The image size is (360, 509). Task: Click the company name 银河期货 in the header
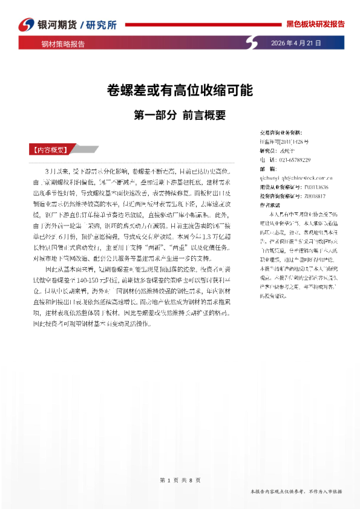pos(57,25)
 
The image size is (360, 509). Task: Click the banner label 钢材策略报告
pos(62,44)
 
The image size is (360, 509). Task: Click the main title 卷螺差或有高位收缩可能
pos(180,90)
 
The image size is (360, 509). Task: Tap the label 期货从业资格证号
pos(277,187)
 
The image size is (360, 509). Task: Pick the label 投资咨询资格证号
pos(277,196)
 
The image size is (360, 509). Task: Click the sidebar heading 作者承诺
pos(269,206)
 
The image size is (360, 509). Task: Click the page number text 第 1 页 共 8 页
pos(180,479)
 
